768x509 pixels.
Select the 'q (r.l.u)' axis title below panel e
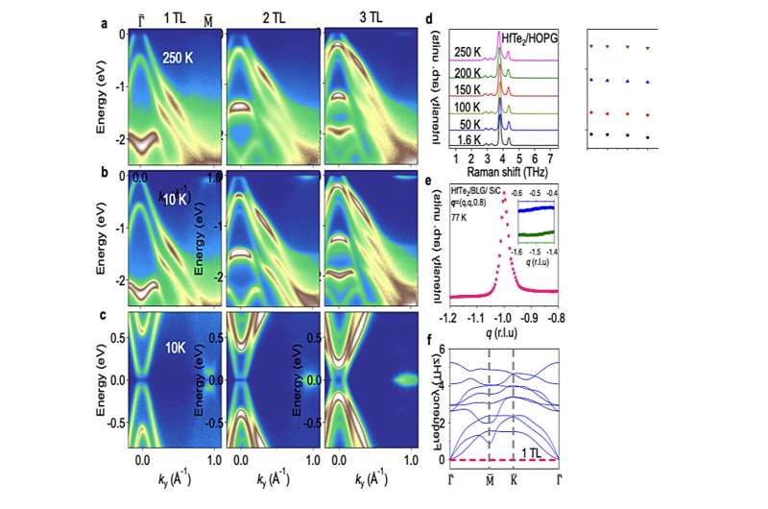pos(503,332)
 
